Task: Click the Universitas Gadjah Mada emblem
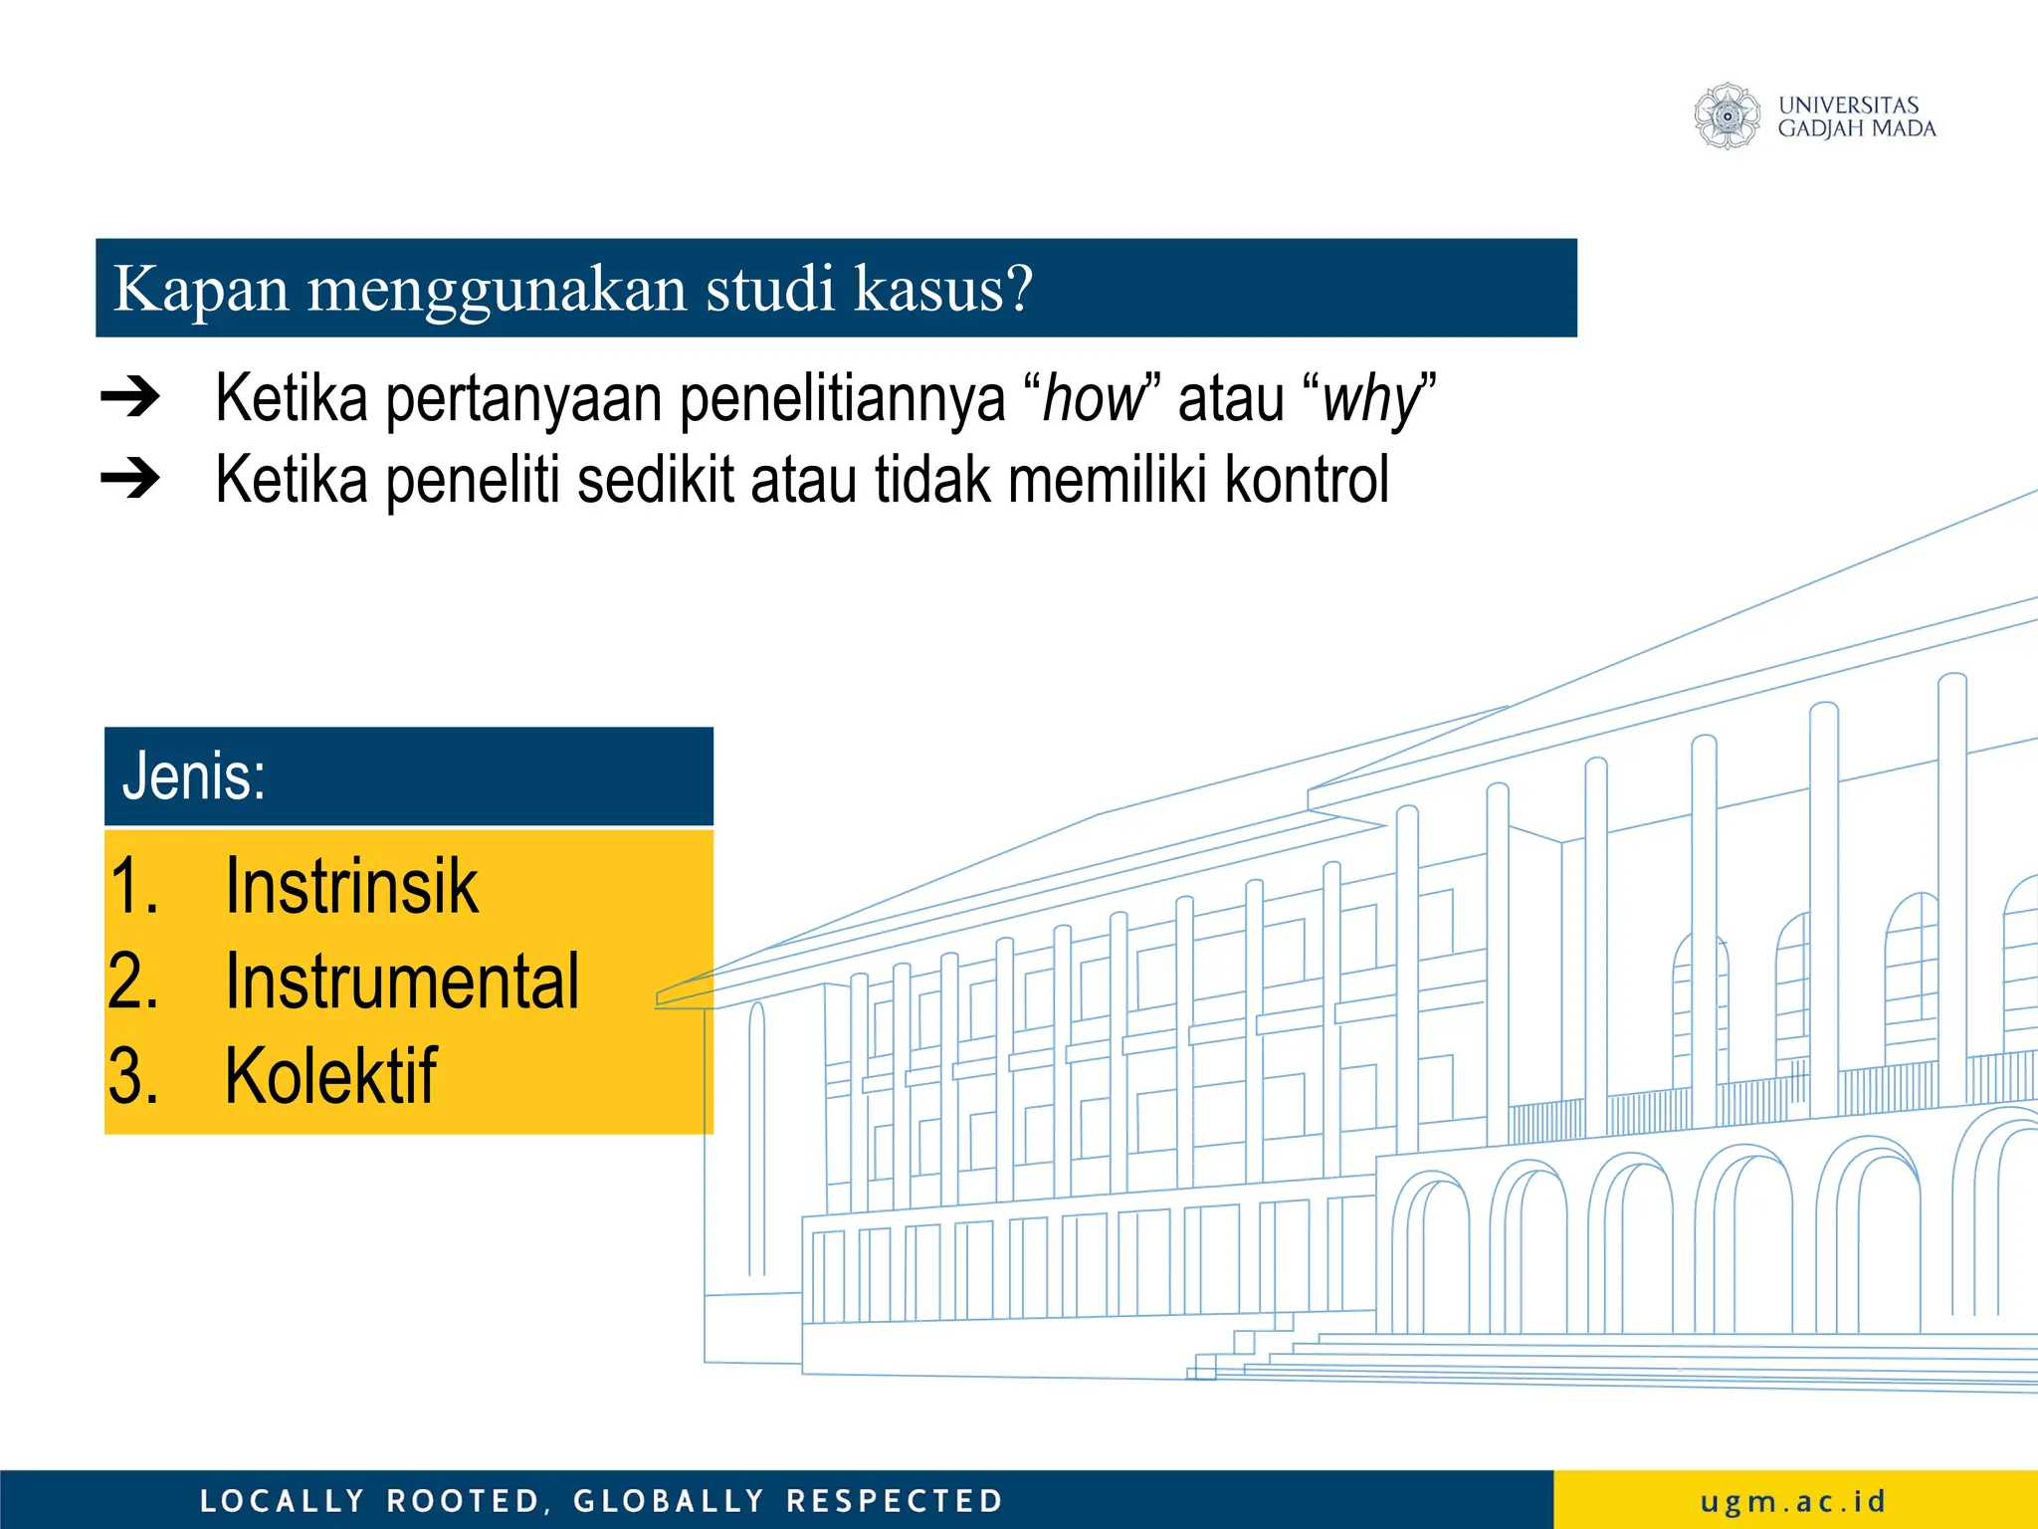pyautogui.click(x=1728, y=116)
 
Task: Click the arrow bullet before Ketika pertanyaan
pyautogui.click(x=130, y=397)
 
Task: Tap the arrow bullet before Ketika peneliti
pyautogui.click(x=130, y=479)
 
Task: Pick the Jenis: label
pyautogui.click(x=194, y=776)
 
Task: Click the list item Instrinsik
pyautogui.click(x=351, y=886)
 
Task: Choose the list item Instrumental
pyautogui.click(x=402, y=982)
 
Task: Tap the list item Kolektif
pyautogui.click(x=330, y=1076)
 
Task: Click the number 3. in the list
pyautogui.click(x=133, y=1076)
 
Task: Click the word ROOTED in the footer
pyautogui.click(x=464, y=1501)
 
